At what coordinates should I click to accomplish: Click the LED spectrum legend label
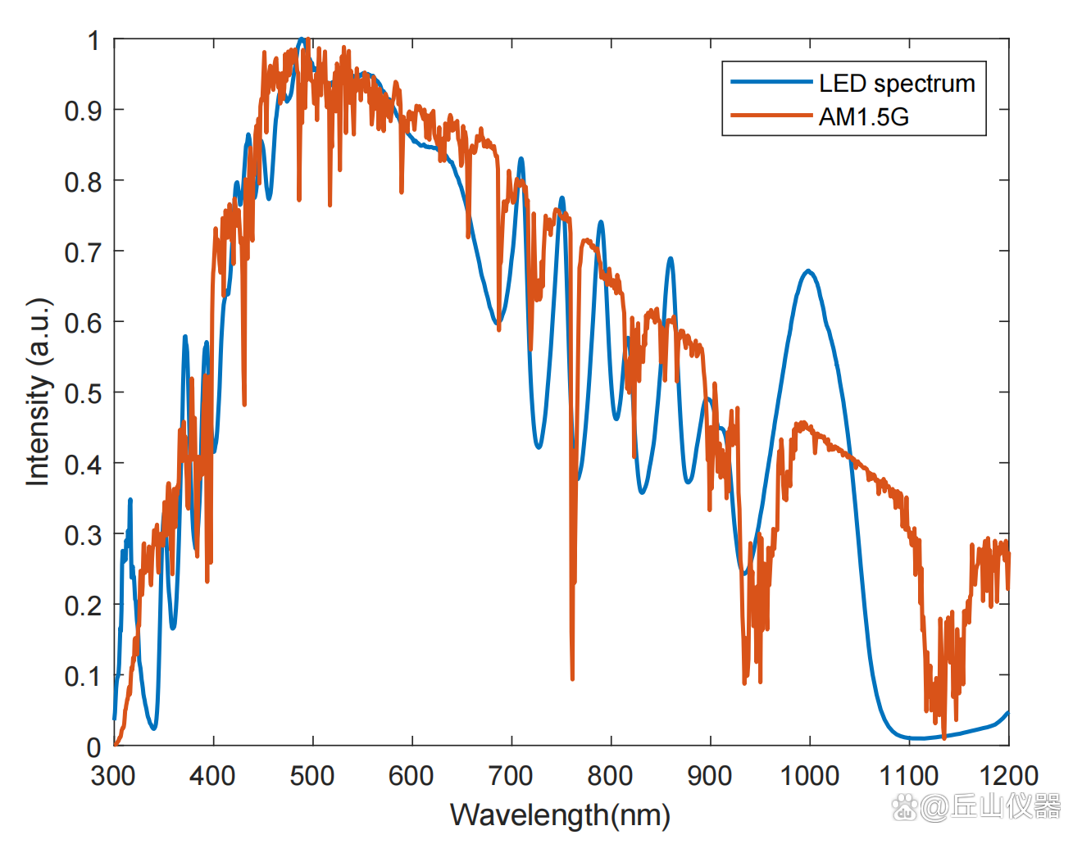coord(897,84)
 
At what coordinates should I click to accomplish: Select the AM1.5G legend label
coord(864,117)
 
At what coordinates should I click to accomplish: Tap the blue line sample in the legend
coord(771,82)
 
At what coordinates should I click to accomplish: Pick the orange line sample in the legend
coord(771,116)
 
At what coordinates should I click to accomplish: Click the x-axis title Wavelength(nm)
coord(560,815)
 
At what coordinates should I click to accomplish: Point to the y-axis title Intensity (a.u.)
coord(39,392)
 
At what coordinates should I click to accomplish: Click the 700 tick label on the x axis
coord(511,775)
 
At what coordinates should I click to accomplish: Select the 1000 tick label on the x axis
coord(809,775)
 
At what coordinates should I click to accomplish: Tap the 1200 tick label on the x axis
coord(1007,775)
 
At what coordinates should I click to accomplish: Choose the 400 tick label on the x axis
coord(213,775)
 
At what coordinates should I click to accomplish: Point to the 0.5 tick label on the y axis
coord(83,393)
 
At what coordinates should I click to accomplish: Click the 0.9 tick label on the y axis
coord(83,111)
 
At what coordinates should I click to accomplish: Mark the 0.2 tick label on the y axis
coord(83,606)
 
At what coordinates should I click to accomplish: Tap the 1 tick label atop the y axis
coord(94,40)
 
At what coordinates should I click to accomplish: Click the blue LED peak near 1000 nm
coord(809,270)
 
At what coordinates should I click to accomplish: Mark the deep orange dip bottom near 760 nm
coord(572,678)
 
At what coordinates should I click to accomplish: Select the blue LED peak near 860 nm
coord(671,259)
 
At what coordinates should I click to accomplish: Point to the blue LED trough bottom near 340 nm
coord(153,728)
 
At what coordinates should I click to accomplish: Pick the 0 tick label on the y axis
coord(94,746)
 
